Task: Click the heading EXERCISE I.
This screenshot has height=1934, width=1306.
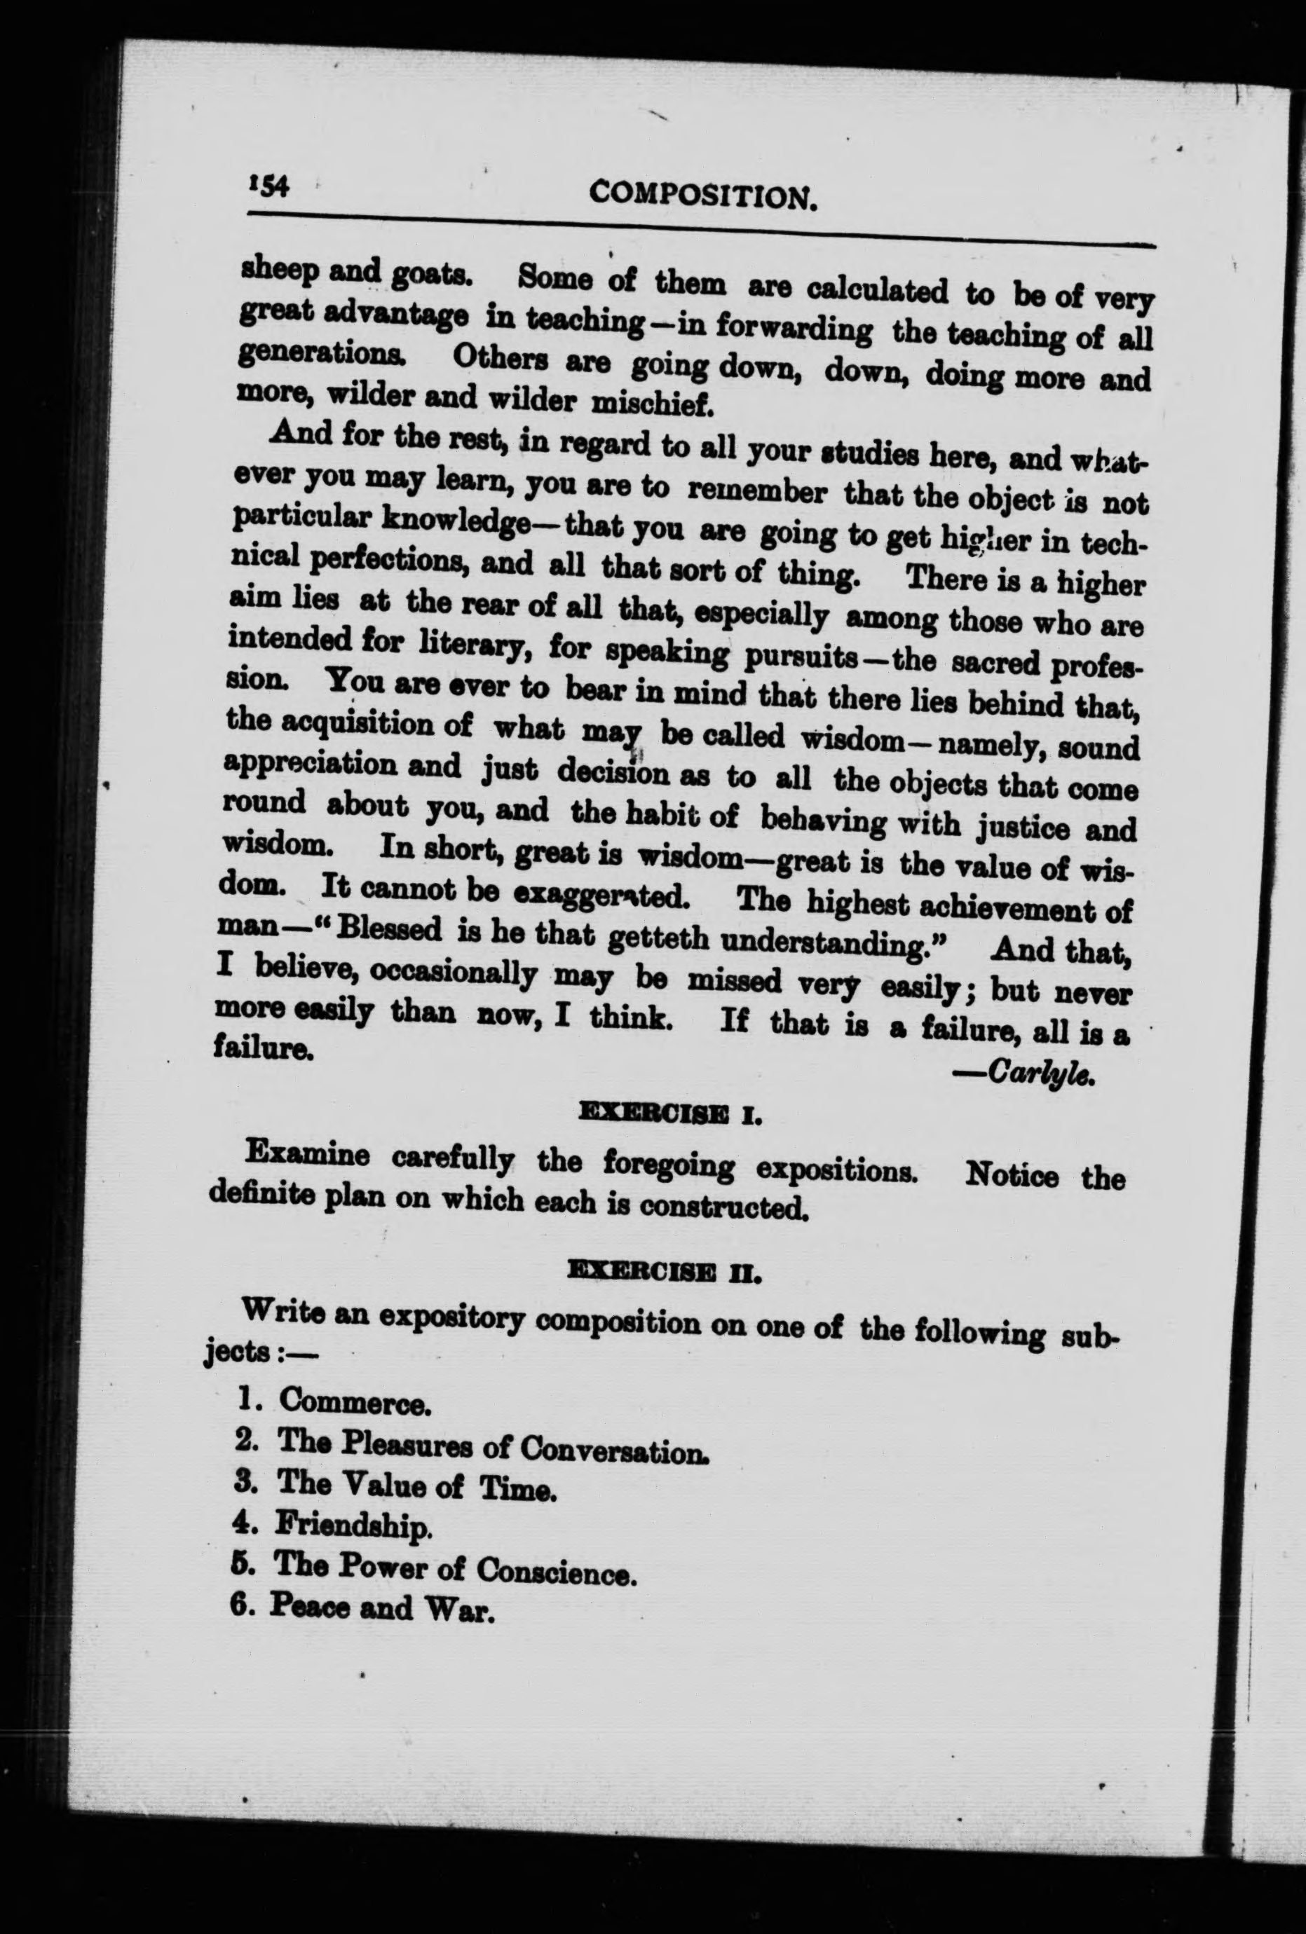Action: click(x=671, y=1114)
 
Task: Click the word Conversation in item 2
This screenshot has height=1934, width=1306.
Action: click(x=614, y=1450)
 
